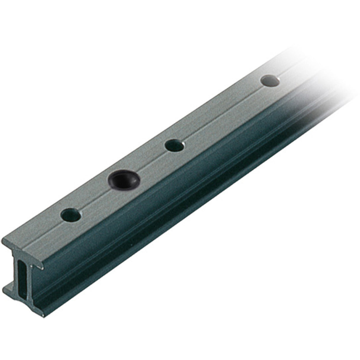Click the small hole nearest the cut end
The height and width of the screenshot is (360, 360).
pyautogui.click(x=71, y=215)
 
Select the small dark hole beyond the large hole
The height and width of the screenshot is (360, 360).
pyautogui.click(x=174, y=145)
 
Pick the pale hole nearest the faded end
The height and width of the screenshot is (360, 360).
pyautogui.click(x=270, y=81)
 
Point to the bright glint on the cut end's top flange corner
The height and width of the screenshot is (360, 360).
pyautogui.click(x=44, y=269)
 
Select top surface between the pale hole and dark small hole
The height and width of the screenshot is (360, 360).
pyautogui.click(x=222, y=113)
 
